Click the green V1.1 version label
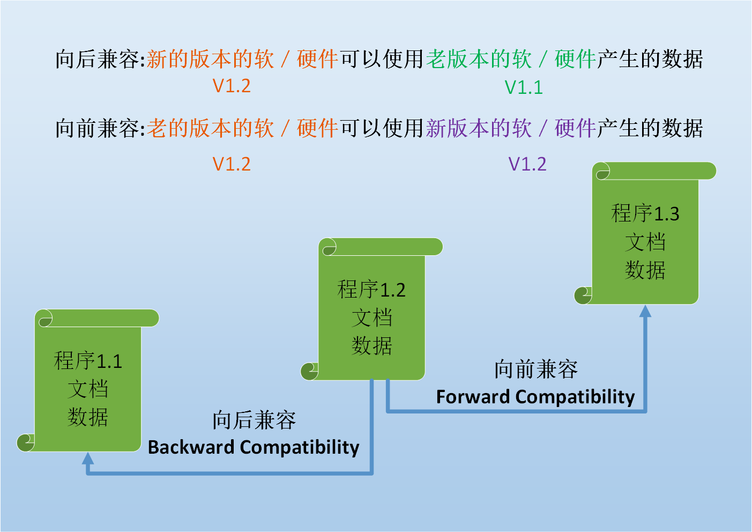524,87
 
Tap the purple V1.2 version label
527,164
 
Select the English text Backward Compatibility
254,447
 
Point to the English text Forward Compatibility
535,397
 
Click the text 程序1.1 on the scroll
88,361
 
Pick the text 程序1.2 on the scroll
371,290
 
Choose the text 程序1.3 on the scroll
645,213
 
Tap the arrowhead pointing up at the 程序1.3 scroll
645,312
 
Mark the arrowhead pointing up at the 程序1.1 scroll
88,459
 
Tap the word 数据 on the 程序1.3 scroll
645,270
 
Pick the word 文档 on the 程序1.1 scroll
88,389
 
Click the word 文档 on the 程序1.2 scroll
371,318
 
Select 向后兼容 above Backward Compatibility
254,420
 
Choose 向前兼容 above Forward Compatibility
535,370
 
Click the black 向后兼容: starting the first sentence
100,60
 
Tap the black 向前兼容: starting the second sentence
100,129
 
